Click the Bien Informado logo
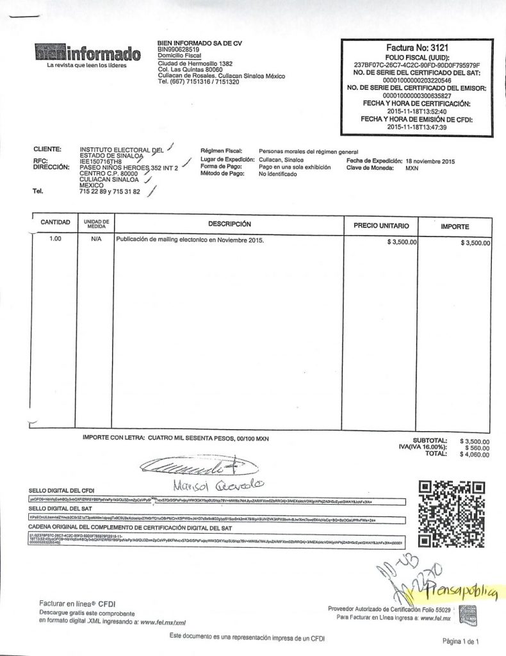click(x=86, y=53)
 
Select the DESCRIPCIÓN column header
click(x=228, y=224)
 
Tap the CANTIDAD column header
click(x=55, y=222)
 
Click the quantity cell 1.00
click(x=55, y=242)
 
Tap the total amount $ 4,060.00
click(x=475, y=454)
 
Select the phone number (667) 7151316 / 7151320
click(x=200, y=82)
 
